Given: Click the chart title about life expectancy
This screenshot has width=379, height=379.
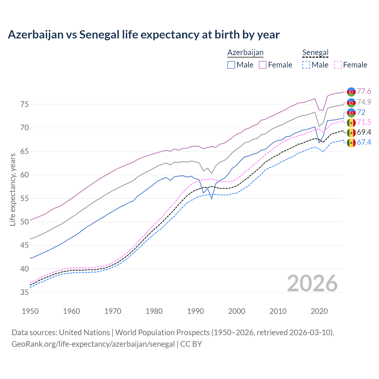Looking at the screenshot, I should (144, 35).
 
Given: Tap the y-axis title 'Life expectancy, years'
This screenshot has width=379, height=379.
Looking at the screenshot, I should (12, 189).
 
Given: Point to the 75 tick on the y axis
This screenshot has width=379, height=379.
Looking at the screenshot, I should (25, 104).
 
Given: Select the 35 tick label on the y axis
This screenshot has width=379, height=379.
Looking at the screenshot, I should (25, 292).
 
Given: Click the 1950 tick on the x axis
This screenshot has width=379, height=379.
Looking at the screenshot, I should (30, 311).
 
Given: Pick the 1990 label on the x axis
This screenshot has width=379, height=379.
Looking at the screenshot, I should (195, 311).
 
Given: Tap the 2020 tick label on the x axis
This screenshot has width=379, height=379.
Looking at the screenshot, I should (319, 311).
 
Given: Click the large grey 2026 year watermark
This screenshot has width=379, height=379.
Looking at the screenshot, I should (312, 283).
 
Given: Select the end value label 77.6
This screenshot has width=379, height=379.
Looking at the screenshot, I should (364, 91).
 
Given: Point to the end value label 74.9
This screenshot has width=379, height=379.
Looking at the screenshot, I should (364, 102).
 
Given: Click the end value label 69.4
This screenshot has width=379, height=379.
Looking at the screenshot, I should (364, 132).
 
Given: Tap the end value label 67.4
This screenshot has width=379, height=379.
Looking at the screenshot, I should (364, 142).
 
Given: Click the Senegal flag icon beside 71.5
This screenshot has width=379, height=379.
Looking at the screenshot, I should (351, 122).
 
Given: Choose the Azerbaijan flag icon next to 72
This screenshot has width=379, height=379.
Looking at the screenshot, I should (351, 112).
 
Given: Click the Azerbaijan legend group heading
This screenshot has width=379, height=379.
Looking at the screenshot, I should (245, 52).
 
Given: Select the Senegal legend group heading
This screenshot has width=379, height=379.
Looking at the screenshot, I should (315, 52).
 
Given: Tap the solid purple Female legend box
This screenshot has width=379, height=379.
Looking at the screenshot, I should (263, 65).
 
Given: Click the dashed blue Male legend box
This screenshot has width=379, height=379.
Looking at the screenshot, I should (306, 65).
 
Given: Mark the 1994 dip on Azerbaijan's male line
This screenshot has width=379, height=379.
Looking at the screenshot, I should (212, 198).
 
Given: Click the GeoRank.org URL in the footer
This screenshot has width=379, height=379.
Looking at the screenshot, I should (93, 344).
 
